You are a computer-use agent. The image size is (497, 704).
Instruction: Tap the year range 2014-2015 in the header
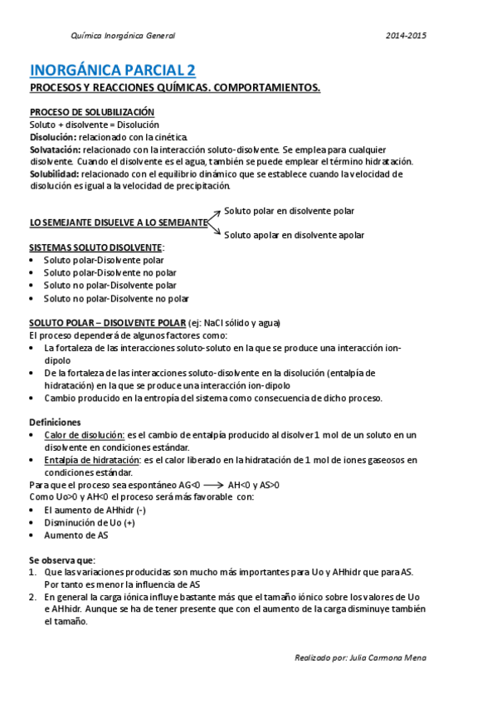click(407, 36)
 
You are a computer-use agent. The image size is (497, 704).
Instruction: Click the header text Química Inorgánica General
click(124, 36)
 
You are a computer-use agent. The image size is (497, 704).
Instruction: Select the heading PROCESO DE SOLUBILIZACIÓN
click(92, 112)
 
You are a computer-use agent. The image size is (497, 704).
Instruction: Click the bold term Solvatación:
click(56, 149)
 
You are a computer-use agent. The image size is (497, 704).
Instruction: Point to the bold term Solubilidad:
click(55, 174)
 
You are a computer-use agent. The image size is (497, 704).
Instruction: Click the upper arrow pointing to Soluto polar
click(215, 216)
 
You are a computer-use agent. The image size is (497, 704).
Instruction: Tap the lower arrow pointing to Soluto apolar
click(215, 230)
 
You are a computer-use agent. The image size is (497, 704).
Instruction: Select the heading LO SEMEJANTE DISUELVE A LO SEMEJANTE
click(118, 223)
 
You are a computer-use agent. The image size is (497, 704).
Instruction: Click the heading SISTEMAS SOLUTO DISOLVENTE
click(95, 248)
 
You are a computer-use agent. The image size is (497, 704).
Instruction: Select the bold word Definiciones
click(55, 423)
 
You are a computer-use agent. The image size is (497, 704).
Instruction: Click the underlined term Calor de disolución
click(84, 435)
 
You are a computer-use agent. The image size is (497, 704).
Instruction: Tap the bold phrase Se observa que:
click(62, 560)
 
